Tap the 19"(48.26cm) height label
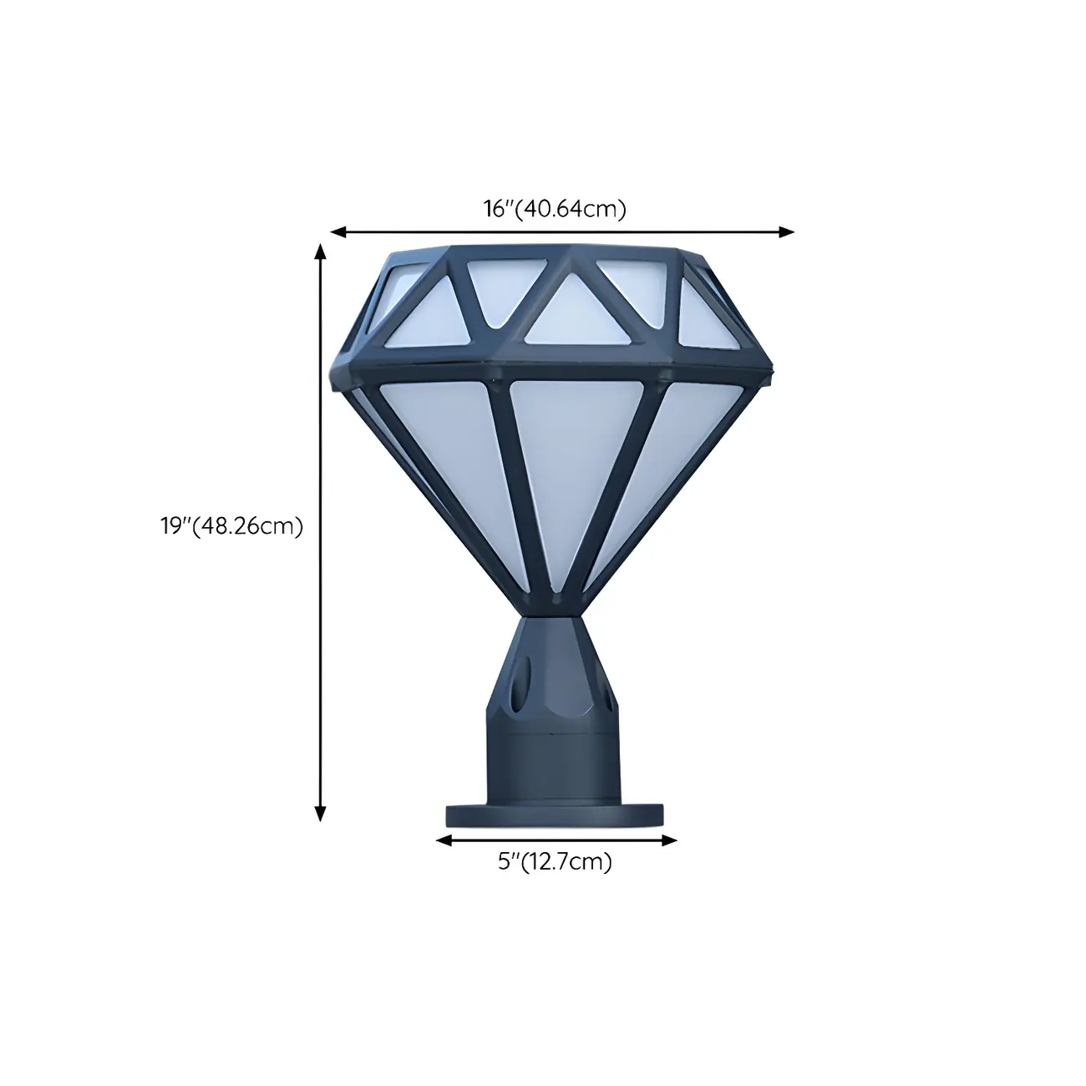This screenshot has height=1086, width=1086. [231, 526]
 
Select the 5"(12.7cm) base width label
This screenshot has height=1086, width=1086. [555, 861]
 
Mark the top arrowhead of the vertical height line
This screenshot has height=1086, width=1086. [320, 250]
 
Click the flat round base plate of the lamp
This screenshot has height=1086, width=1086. [555, 814]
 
